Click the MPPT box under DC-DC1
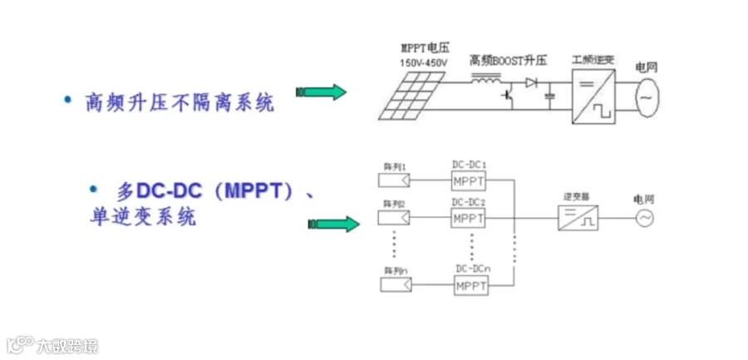point(469,181)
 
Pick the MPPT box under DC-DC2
point(469,218)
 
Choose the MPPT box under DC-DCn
point(471,286)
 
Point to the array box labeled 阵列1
point(394,180)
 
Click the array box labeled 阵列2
point(394,219)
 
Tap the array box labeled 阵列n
point(394,285)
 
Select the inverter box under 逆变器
point(579,219)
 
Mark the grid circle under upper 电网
point(647,96)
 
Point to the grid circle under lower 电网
point(644,219)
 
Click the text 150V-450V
point(422,62)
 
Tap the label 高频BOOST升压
point(509,61)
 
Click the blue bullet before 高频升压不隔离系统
point(69,100)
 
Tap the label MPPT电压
point(421,48)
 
